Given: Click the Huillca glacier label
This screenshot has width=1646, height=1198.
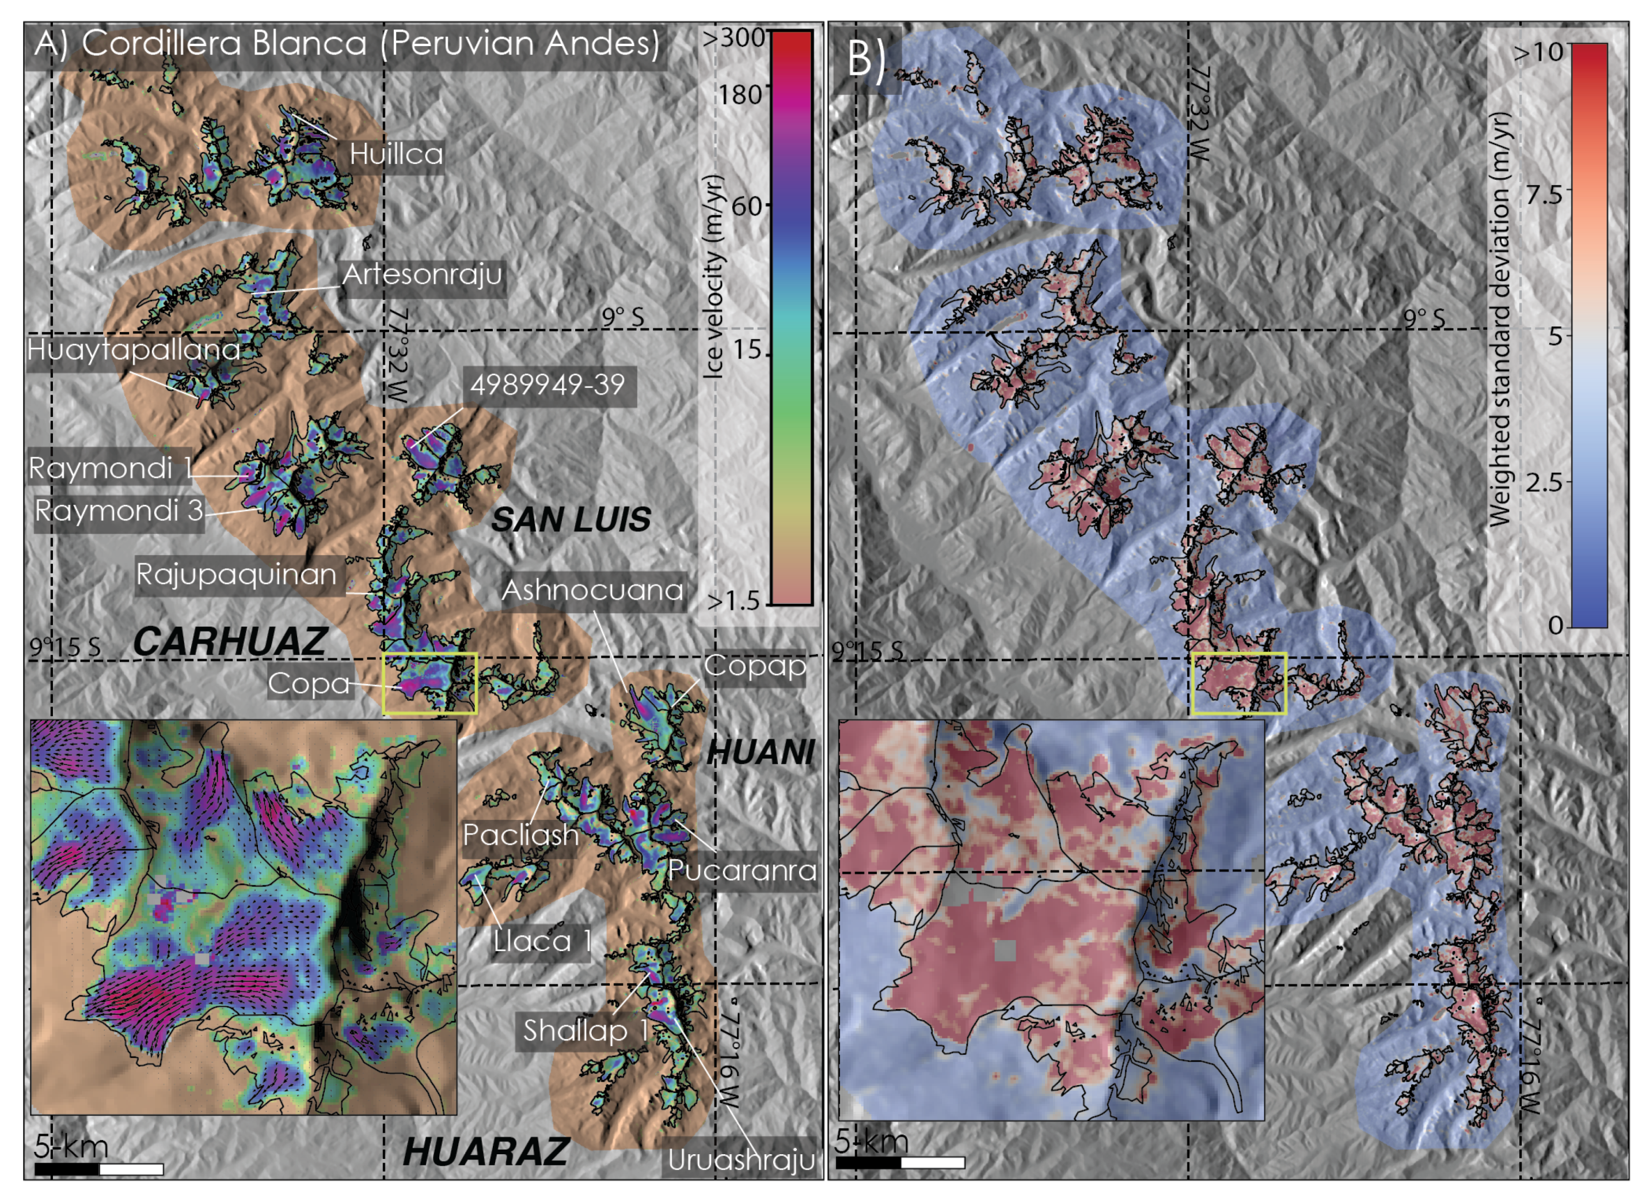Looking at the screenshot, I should [396, 154].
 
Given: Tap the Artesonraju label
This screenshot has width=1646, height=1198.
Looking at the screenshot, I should [423, 274].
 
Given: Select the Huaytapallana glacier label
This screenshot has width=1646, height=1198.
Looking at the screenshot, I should [134, 351].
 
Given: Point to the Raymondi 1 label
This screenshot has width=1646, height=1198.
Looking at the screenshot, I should [109, 468].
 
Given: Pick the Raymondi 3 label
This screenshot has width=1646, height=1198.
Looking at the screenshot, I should [119, 511].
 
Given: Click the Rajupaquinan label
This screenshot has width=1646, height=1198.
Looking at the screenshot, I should [237, 575].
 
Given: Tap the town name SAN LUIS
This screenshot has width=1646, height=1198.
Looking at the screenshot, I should [571, 519].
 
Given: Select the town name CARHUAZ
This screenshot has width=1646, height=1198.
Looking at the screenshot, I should [230, 641].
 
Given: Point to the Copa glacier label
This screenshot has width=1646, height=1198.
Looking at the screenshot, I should [309, 683].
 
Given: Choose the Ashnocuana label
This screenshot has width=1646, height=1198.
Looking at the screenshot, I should [592, 590].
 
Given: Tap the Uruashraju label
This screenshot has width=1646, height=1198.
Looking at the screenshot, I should [741, 1159].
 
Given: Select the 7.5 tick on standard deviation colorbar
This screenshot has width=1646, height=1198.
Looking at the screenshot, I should [1543, 195].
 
